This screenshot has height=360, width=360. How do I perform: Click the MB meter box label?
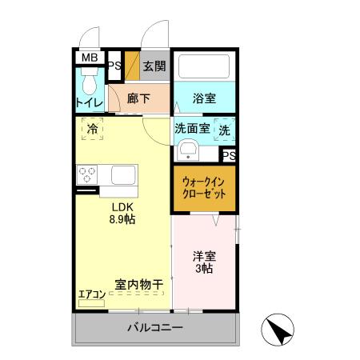pyautogui.click(x=88, y=58)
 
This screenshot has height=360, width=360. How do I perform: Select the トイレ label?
pyautogui.click(x=88, y=102)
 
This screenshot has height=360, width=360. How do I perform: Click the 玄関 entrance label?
pyautogui.click(x=154, y=66)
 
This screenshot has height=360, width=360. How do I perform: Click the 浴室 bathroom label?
pyautogui.click(x=205, y=98)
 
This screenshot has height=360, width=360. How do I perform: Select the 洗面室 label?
pyautogui.click(x=192, y=129)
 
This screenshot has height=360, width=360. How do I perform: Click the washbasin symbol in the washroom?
pyautogui.click(x=189, y=150)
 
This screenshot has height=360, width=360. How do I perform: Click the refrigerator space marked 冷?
pyautogui.click(x=92, y=128)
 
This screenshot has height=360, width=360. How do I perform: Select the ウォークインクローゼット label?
pyautogui.click(x=204, y=189)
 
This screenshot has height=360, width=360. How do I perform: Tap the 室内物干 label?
pyautogui.click(x=139, y=284)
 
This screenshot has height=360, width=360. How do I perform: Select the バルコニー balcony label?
pyautogui.click(x=156, y=328)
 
